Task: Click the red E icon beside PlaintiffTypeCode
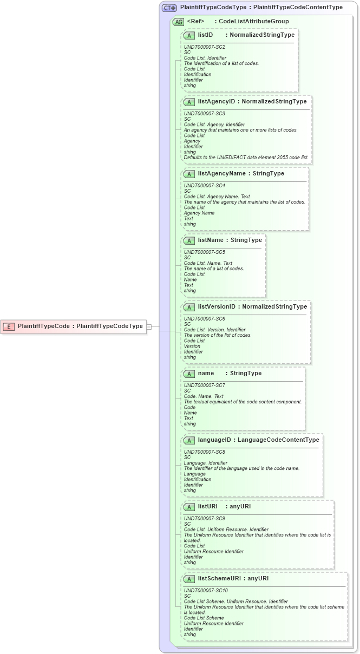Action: point(9,326)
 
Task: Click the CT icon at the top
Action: point(169,8)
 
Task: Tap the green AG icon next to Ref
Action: point(178,22)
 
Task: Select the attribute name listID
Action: point(205,35)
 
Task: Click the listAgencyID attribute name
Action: point(217,102)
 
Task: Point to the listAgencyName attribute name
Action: point(221,174)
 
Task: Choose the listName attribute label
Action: point(211,240)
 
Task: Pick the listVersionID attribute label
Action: point(217,307)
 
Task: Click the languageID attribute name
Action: point(216,440)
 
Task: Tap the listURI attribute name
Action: point(207,507)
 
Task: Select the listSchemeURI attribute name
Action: point(219,579)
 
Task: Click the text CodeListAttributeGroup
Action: point(253,22)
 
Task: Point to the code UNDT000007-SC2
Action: point(205,47)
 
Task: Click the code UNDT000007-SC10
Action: point(206,591)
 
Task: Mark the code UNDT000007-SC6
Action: point(205,319)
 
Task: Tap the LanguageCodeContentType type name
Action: point(278,440)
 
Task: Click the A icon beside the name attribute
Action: point(189,374)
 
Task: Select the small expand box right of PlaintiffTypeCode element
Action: point(149,326)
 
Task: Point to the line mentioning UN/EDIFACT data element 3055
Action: point(246,158)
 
